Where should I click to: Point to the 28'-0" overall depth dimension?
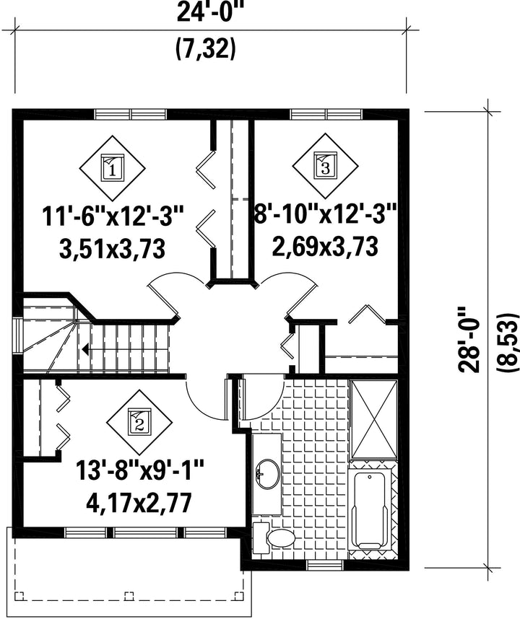(x=469, y=340)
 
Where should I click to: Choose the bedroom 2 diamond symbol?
(x=139, y=423)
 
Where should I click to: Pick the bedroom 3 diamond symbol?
(x=325, y=167)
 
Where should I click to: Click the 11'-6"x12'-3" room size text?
(x=113, y=218)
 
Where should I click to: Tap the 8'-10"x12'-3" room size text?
(x=325, y=214)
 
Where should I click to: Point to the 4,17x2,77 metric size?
(x=139, y=503)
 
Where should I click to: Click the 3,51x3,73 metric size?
(x=112, y=249)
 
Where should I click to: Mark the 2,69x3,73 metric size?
(x=325, y=246)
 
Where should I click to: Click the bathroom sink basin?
(x=268, y=474)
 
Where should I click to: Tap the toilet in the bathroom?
(x=274, y=537)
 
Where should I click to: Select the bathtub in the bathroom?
(x=370, y=511)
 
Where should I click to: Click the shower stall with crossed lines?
(x=373, y=419)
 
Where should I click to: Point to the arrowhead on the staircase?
(x=85, y=349)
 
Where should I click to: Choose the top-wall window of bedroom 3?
(x=326, y=115)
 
